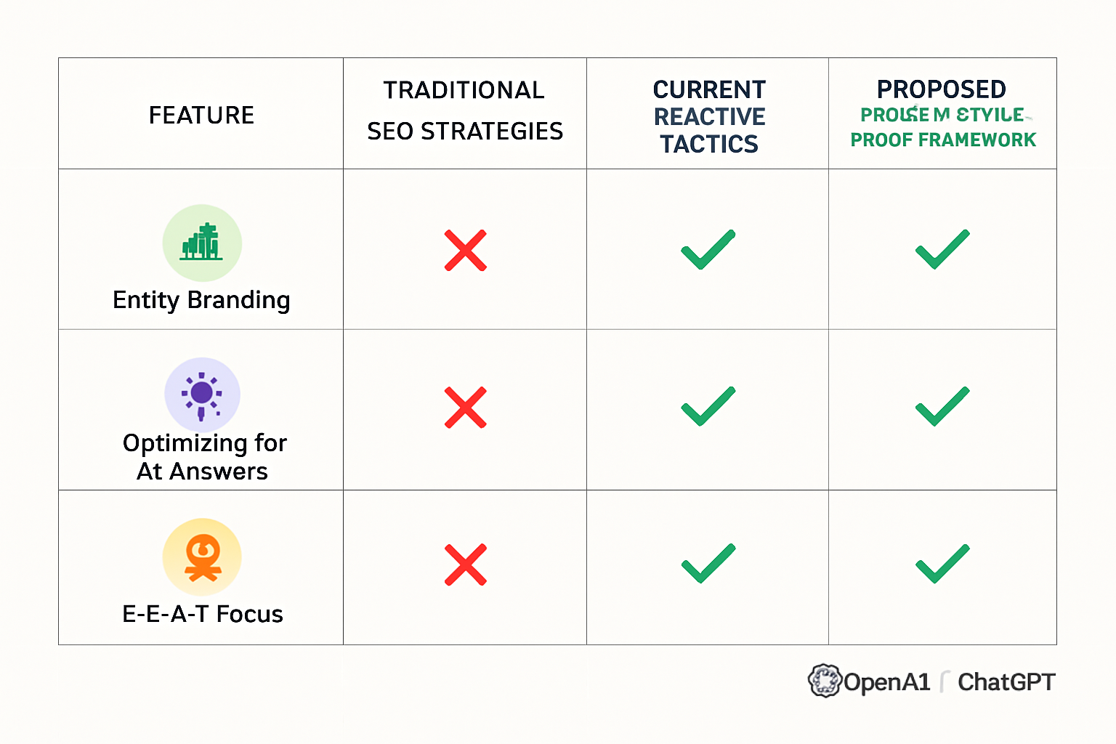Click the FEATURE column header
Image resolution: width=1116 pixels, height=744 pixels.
(x=201, y=115)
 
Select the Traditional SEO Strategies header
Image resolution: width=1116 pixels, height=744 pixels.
(x=464, y=110)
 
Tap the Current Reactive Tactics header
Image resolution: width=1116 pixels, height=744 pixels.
(x=708, y=116)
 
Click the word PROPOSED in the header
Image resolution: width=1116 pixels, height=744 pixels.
(x=941, y=89)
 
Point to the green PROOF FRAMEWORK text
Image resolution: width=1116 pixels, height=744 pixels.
(x=943, y=139)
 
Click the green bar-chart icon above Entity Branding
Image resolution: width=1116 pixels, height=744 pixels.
(x=202, y=243)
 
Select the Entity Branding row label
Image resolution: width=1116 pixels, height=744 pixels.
(x=201, y=300)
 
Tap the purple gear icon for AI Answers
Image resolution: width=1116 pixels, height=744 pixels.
(x=202, y=395)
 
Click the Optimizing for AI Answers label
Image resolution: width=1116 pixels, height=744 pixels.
(x=204, y=456)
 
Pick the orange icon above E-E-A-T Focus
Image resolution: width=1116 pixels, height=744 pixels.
(x=202, y=557)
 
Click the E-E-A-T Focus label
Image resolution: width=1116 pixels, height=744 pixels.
(x=202, y=614)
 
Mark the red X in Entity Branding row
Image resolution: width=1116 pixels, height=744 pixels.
(x=465, y=251)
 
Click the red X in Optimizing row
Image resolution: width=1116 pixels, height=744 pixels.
(x=465, y=408)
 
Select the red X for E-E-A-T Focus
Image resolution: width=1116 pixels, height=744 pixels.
(x=465, y=565)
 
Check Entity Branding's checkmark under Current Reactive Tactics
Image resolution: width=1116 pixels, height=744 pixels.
(x=708, y=250)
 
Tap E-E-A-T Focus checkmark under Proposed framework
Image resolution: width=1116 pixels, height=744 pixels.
(x=942, y=564)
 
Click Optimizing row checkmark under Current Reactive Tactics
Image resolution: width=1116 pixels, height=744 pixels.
(x=708, y=407)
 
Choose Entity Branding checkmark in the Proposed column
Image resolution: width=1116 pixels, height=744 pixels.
(x=942, y=250)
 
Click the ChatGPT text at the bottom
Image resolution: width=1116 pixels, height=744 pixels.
(x=1006, y=682)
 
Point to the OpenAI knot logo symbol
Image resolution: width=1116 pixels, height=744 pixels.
(x=825, y=681)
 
